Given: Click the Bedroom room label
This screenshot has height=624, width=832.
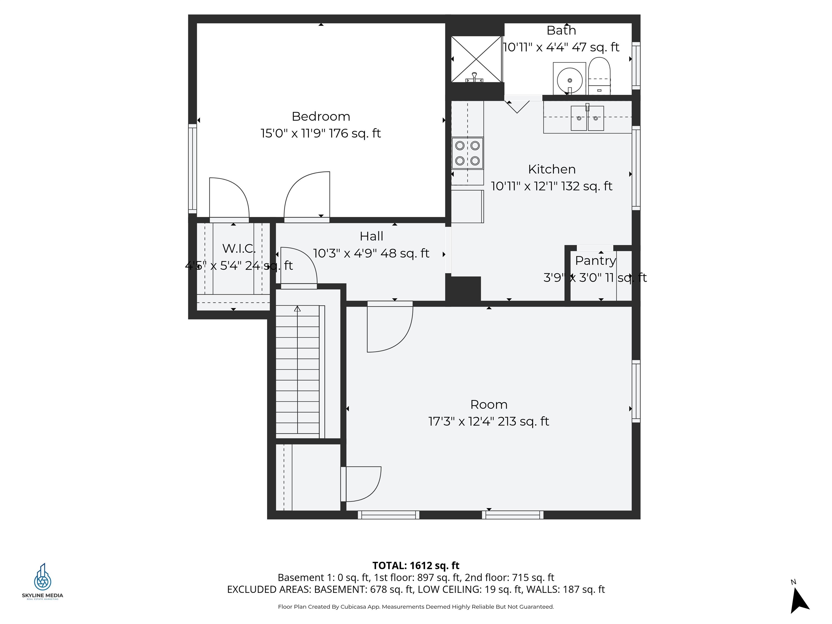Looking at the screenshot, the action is coord(321,117).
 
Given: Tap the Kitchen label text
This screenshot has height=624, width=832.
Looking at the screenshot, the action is coord(552,169).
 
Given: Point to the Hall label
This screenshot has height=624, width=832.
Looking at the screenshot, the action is coord(371,236).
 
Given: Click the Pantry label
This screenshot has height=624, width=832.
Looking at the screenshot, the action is coord(595,261).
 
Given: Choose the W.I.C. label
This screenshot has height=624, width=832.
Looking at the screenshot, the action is coord(239,249).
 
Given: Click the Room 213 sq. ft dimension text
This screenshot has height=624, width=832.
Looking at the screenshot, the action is coord(489,421).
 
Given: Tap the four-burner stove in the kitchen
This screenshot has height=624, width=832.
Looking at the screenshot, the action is coord(467,153).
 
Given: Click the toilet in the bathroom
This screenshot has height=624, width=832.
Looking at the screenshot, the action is coord(599,76).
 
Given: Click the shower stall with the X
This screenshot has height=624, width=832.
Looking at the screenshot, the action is coord(476,59).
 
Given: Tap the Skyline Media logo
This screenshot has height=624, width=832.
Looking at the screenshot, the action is coord(43,581).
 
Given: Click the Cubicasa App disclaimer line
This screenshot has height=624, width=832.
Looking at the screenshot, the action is coord(416,607).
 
